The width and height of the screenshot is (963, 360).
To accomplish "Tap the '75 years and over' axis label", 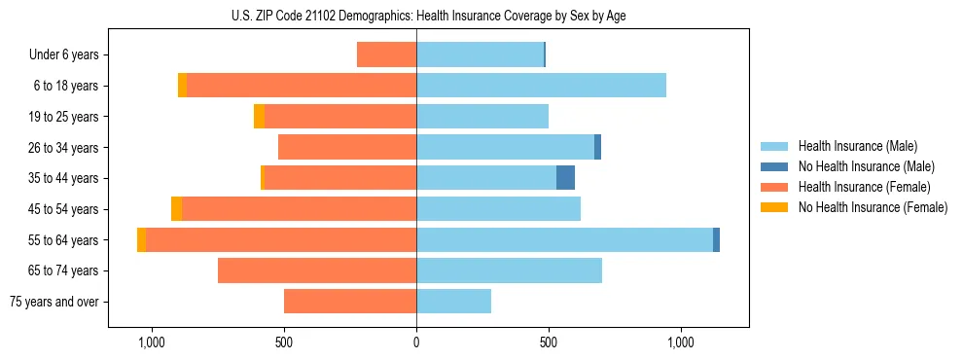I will pos(54,302).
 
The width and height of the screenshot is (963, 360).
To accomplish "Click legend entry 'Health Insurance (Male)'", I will pos(857,146).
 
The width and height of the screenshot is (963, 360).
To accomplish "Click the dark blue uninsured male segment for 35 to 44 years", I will pos(565,178).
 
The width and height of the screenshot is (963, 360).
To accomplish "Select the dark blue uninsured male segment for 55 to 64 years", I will pos(716,239).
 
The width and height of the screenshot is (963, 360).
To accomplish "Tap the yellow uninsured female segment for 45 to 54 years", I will pos(176,209).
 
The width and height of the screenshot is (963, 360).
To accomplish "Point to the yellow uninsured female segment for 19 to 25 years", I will pos(259,117).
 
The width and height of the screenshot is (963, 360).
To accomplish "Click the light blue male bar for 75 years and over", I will pos(453,302).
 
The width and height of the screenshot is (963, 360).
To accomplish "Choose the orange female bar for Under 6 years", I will pos(386,55).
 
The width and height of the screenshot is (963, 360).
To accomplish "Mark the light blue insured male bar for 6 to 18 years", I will pos(541,86).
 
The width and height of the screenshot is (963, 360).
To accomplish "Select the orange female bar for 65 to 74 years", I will pos(317,270).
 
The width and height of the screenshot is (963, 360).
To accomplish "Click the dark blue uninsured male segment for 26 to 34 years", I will pos(597,147).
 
